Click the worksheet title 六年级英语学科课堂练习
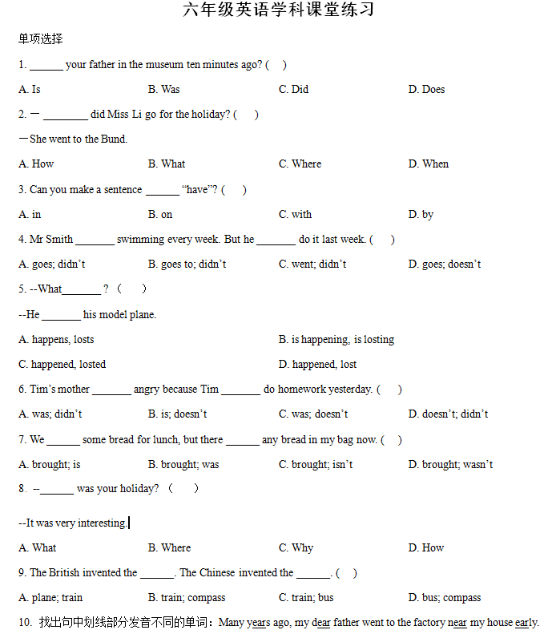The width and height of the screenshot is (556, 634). coord(278,10)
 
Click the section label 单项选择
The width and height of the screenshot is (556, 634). coord(41,38)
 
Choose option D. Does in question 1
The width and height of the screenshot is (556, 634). coord(426,89)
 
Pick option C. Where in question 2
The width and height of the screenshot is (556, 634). coord(300,164)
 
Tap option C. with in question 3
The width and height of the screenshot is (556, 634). coord(295,214)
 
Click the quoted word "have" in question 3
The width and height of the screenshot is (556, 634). coord(196,189)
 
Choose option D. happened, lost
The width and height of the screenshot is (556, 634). coord(317,364)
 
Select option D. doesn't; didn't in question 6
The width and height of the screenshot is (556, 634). coord(448,414)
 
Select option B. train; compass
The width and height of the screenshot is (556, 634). coord(187,597)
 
